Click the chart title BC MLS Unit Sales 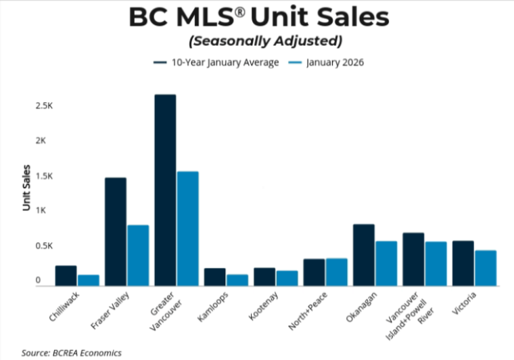pos(258,18)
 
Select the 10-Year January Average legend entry pos(216,62)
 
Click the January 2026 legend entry pos(328,62)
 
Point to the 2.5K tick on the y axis pos(45,106)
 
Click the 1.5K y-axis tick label pos(45,176)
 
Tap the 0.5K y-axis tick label pos(45,246)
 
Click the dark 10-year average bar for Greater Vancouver pos(165,190)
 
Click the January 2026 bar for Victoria pos(486,268)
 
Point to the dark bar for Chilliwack pos(66,275)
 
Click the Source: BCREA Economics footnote pos(71,353)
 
